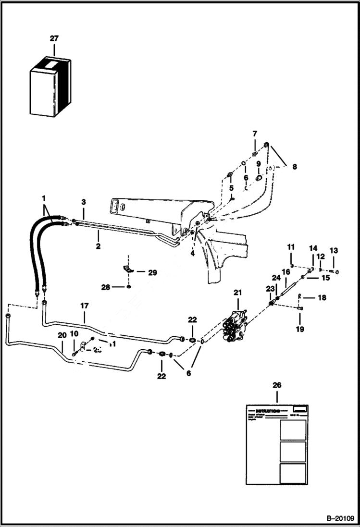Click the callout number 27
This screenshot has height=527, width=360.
[x=54, y=38]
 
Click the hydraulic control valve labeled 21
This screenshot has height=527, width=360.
[x=236, y=327]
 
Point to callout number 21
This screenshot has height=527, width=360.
[x=238, y=293]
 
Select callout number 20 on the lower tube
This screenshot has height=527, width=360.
[x=62, y=335]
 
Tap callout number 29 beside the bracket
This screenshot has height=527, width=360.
[x=152, y=272]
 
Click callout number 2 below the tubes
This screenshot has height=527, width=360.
[x=98, y=245]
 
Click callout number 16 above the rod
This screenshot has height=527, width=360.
[x=286, y=272]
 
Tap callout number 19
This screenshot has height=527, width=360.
[x=300, y=330]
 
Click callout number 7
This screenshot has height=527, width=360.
[x=255, y=133]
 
